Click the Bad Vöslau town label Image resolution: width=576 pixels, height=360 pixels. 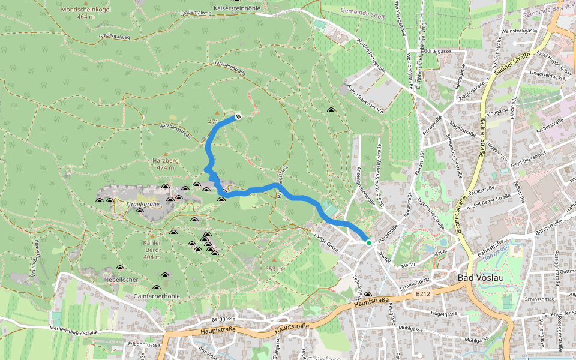pyautogui.click(x=480, y=278)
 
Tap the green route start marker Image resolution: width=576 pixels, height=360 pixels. pyautogui.click(x=368, y=242)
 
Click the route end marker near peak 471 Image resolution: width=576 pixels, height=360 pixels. pyautogui.click(x=238, y=116)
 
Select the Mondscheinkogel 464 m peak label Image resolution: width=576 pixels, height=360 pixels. pyautogui.click(x=86, y=13)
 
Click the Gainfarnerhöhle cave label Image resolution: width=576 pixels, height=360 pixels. pyautogui.click(x=157, y=296)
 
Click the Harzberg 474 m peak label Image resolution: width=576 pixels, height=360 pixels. pyautogui.click(x=167, y=164)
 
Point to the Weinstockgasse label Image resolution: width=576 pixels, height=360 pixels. pyautogui.click(x=519, y=30)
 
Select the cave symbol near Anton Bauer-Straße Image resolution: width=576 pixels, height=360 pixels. pyautogui.click(x=331, y=110)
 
